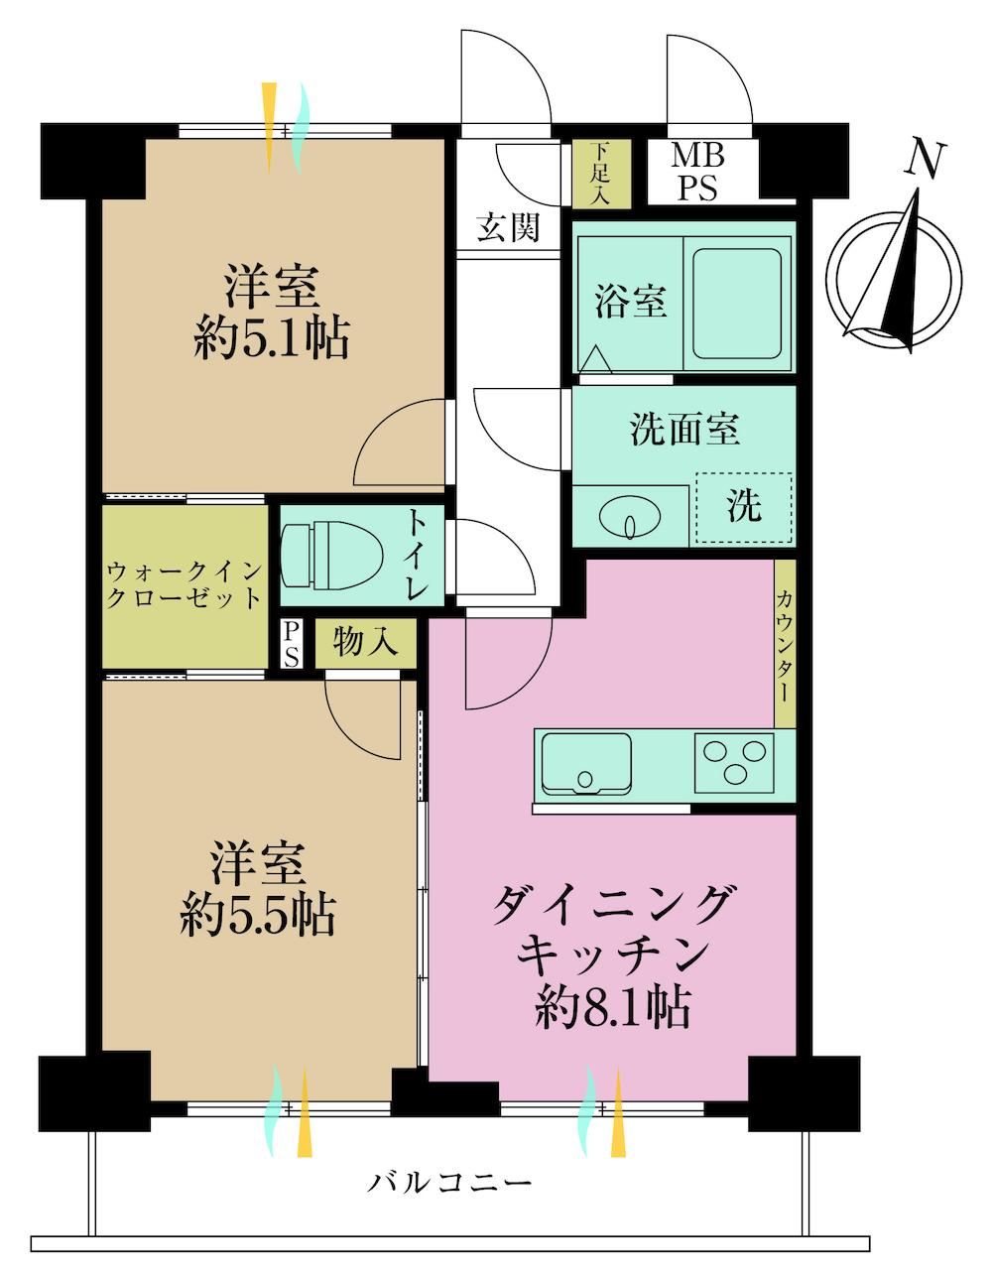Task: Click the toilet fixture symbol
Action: click(331, 554)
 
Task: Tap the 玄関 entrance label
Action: click(508, 227)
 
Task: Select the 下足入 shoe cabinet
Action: click(600, 174)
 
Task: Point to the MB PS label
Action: click(697, 173)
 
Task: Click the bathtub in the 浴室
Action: click(736, 304)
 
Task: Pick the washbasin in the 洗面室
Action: click(630, 517)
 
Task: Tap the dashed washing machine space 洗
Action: click(744, 507)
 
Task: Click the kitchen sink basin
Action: click(586, 762)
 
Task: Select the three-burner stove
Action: click(734, 762)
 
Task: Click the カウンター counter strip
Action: click(785, 644)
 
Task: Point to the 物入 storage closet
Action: click(366, 643)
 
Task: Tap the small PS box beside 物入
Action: click(291, 644)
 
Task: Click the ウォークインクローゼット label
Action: click(185, 584)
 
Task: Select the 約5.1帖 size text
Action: click(271, 338)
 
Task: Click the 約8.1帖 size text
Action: click(612, 1007)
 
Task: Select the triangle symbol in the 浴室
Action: click(596, 359)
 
